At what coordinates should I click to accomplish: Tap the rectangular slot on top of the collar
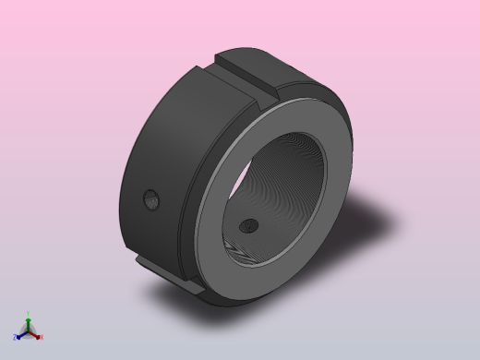(247, 75)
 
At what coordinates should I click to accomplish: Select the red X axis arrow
(36, 334)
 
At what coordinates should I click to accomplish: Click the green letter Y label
(29, 313)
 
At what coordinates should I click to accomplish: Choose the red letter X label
(42, 337)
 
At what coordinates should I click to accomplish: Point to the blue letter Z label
(16, 337)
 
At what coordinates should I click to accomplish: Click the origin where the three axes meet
(29, 330)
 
